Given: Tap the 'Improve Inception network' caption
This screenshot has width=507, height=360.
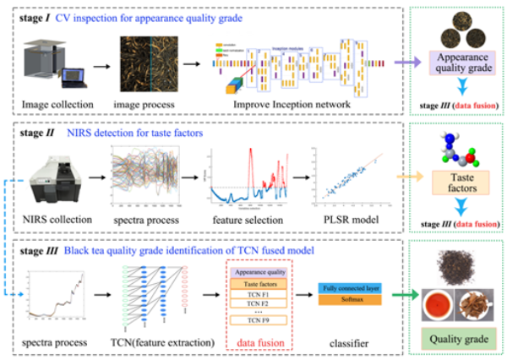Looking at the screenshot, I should [275, 106].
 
